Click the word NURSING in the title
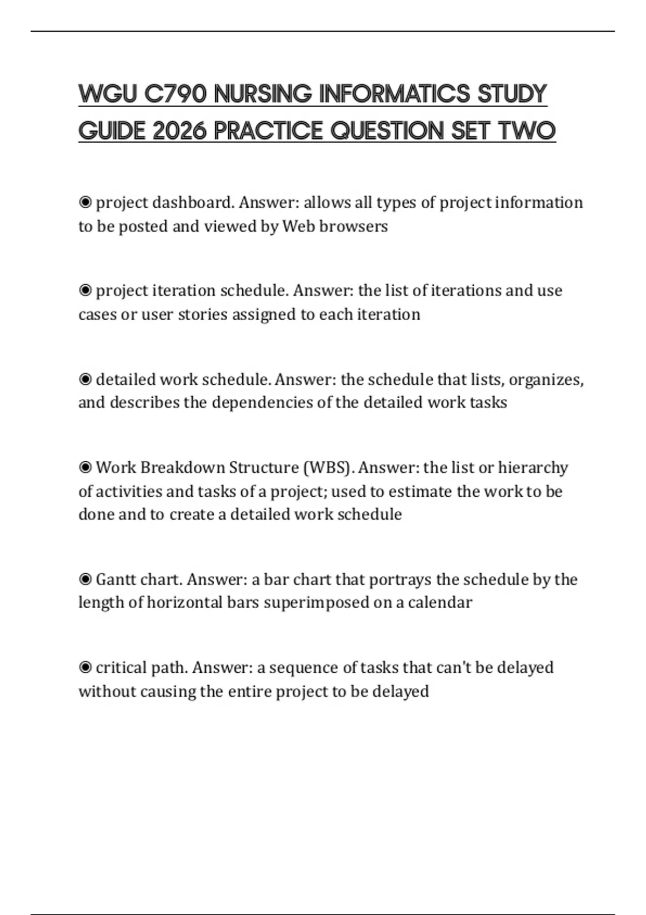pyautogui.click(x=263, y=94)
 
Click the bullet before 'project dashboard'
pyautogui.click(x=85, y=202)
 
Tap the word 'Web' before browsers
pyautogui.click(x=299, y=226)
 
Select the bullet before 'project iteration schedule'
pyautogui.click(x=85, y=291)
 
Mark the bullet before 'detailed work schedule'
pyautogui.click(x=85, y=379)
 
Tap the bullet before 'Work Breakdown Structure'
pyautogui.click(x=85, y=467)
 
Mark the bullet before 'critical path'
pyautogui.click(x=85, y=668)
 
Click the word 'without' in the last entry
pyautogui.click(x=107, y=691)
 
